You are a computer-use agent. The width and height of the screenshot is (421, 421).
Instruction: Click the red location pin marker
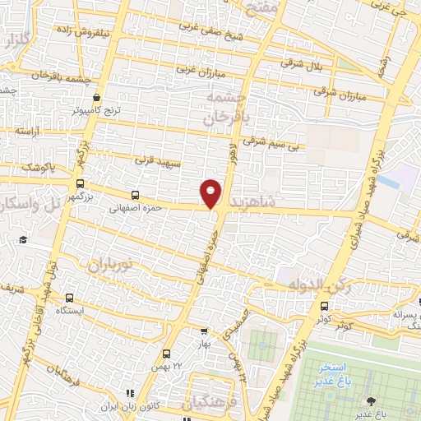[x=211, y=192]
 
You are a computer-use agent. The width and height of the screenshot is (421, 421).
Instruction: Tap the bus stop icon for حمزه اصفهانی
[x=135, y=196]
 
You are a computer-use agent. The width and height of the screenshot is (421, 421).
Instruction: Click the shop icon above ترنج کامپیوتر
[x=98, y=96]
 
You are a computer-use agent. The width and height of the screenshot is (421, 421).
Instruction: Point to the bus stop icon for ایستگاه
[x=68, y=298]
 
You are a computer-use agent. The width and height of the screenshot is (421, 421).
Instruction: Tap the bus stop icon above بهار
[x=205, y=331]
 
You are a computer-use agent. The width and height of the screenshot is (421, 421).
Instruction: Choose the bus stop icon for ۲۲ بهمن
[x=165, y=353]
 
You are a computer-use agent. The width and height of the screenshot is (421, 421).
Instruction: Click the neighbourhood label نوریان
[x=105, y=264]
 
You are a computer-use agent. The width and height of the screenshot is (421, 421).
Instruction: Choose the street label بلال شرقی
[x=302, y=62]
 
